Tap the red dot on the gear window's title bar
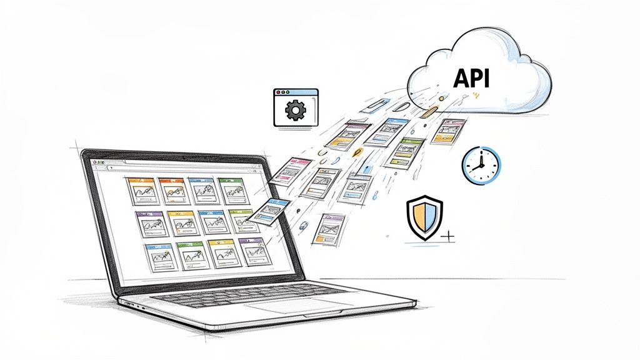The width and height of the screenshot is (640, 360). [277, 93]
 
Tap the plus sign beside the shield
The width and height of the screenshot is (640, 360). [447, 237]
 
